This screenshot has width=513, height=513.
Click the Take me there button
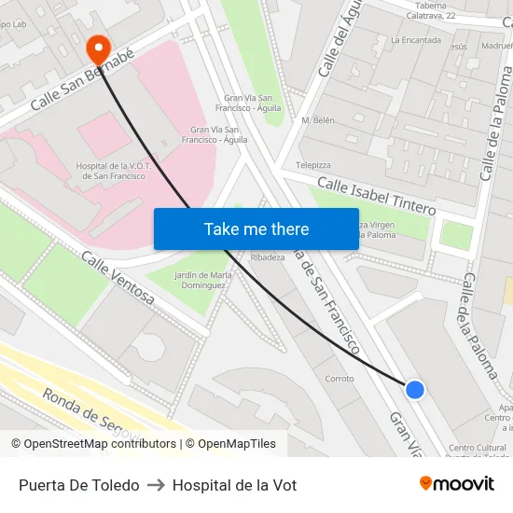click(x=256, y=229)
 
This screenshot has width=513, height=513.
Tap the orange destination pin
click(x=97, y=47)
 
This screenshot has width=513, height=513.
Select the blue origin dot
click(x=415, y=389)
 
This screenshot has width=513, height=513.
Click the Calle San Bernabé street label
click(x=82, y=81)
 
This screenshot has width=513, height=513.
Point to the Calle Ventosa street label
click(x=118, y=278)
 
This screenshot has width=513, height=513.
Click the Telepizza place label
click(x=313, y=165)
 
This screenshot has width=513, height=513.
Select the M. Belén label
click(x=318, y=121)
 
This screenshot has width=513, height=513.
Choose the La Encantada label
click(x=415, y=40)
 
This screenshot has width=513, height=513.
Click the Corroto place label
click(x=340, y=379)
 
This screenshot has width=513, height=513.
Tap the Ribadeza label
click(x=268, y=257)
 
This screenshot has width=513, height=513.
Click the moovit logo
click(x=456, y=484)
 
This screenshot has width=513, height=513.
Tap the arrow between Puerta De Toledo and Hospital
click(x=156, y=485)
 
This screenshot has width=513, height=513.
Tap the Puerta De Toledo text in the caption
click(x=78, y=485)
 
